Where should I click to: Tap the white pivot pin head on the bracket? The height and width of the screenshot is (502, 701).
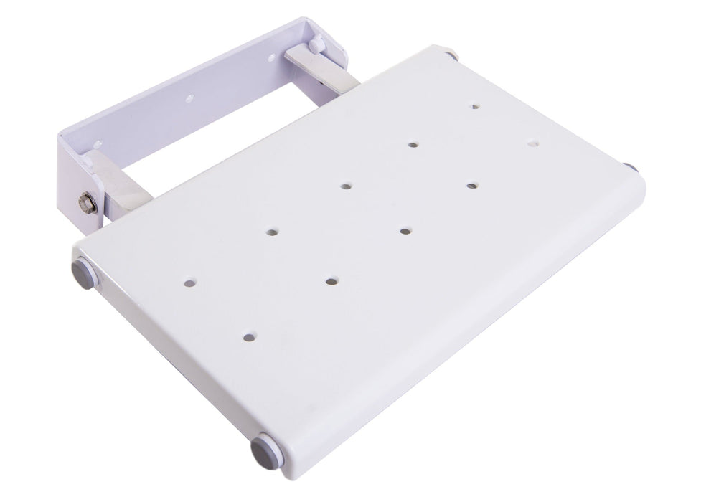pos(315,45)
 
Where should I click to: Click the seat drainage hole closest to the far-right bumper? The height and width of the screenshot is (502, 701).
pos(531,143)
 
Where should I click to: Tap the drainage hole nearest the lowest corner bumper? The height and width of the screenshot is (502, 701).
pos(249,336)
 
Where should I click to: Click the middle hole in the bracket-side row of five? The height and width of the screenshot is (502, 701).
pos(346,186)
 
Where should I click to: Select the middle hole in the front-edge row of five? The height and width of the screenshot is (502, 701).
pos(405,232)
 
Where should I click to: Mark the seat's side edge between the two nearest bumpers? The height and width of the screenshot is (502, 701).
pos(165,359)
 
